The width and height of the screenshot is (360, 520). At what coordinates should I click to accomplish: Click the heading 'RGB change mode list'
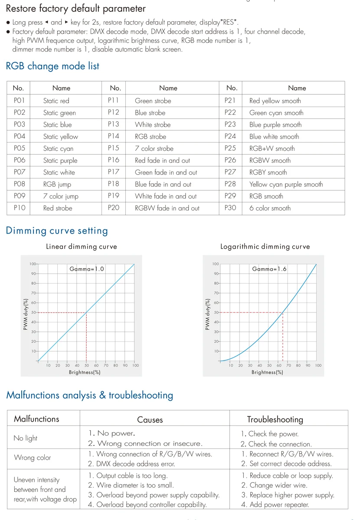point(52,66)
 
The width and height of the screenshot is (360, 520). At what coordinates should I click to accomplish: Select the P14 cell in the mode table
point(113,136)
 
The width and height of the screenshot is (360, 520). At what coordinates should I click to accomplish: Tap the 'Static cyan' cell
point(58,149)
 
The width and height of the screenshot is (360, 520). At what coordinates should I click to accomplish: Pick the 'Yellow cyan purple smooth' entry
point(286,185)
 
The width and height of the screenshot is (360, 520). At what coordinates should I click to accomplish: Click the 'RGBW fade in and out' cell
point(167,208)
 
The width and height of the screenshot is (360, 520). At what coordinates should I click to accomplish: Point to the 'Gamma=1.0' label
point(87,269)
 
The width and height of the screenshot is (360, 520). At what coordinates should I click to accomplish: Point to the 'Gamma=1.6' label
point(269,269)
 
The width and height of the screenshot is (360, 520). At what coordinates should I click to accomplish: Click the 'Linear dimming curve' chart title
point(82,246)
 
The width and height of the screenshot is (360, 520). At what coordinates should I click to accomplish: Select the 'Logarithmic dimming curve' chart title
point(265,246)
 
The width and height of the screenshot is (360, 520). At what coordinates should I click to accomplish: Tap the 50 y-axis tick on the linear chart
point(34,312)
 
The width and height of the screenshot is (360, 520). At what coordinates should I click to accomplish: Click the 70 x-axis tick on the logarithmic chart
point(288,365)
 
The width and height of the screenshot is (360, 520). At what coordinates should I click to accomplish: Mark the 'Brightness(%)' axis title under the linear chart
point(85,372)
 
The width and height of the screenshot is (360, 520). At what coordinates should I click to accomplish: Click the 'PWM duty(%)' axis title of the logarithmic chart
point(207,314)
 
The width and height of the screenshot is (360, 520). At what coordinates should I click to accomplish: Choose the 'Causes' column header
point(150,420)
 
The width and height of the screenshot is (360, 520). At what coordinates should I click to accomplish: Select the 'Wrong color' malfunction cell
point(32,458)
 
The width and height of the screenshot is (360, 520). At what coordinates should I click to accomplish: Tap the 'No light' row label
point(25,438)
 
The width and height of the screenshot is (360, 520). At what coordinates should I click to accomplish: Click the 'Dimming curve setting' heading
point(57,231)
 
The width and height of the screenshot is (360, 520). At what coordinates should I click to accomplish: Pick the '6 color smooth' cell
point(270,208)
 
